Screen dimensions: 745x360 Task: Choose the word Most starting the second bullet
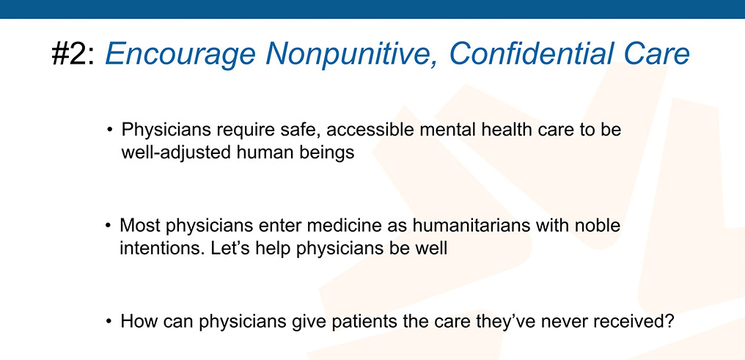click(x=139, y=225)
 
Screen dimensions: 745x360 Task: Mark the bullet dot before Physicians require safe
click(x=110, y=130)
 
